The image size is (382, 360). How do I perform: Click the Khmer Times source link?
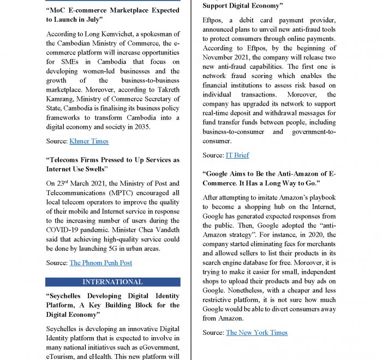coord(89,141)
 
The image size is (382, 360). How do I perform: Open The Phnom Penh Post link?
coord(101,263)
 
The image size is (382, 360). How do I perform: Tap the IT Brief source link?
coord(237,155)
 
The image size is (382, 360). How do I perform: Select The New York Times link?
coord(256,333)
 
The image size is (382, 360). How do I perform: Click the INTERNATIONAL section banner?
coord(112,282)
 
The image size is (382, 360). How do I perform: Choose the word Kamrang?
coord(62,99)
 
